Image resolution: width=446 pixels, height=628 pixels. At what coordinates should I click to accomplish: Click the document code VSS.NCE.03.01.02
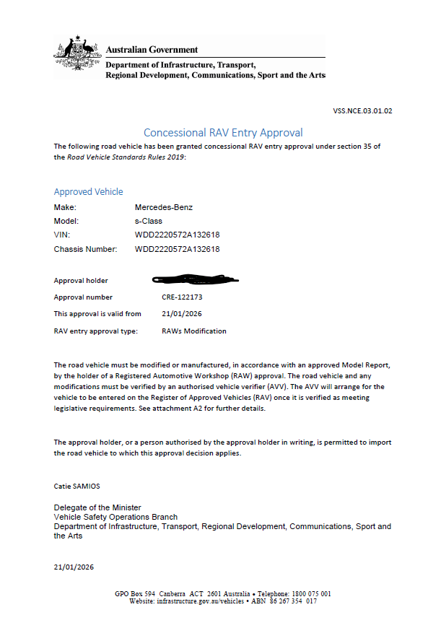362,111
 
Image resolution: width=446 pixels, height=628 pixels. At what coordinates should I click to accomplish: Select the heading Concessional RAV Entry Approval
223,133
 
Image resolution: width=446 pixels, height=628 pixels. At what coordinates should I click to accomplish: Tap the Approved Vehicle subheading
88,192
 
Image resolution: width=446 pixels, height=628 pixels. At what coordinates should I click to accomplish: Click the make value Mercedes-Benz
164,207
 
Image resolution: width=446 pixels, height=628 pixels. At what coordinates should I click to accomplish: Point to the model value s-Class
149,221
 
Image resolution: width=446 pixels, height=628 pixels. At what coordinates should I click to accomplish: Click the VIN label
62,235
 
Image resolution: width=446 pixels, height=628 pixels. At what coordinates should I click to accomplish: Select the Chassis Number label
85,249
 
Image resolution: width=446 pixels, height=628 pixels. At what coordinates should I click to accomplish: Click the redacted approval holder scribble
195,279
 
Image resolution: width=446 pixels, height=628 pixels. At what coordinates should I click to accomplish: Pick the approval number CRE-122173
182,297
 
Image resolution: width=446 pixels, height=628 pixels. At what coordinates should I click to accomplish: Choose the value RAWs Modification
194,331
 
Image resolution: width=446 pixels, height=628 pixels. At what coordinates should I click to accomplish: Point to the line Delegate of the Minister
97,507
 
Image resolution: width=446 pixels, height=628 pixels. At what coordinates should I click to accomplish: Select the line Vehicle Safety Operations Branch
115,517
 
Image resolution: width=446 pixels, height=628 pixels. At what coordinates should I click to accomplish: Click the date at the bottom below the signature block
74,567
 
